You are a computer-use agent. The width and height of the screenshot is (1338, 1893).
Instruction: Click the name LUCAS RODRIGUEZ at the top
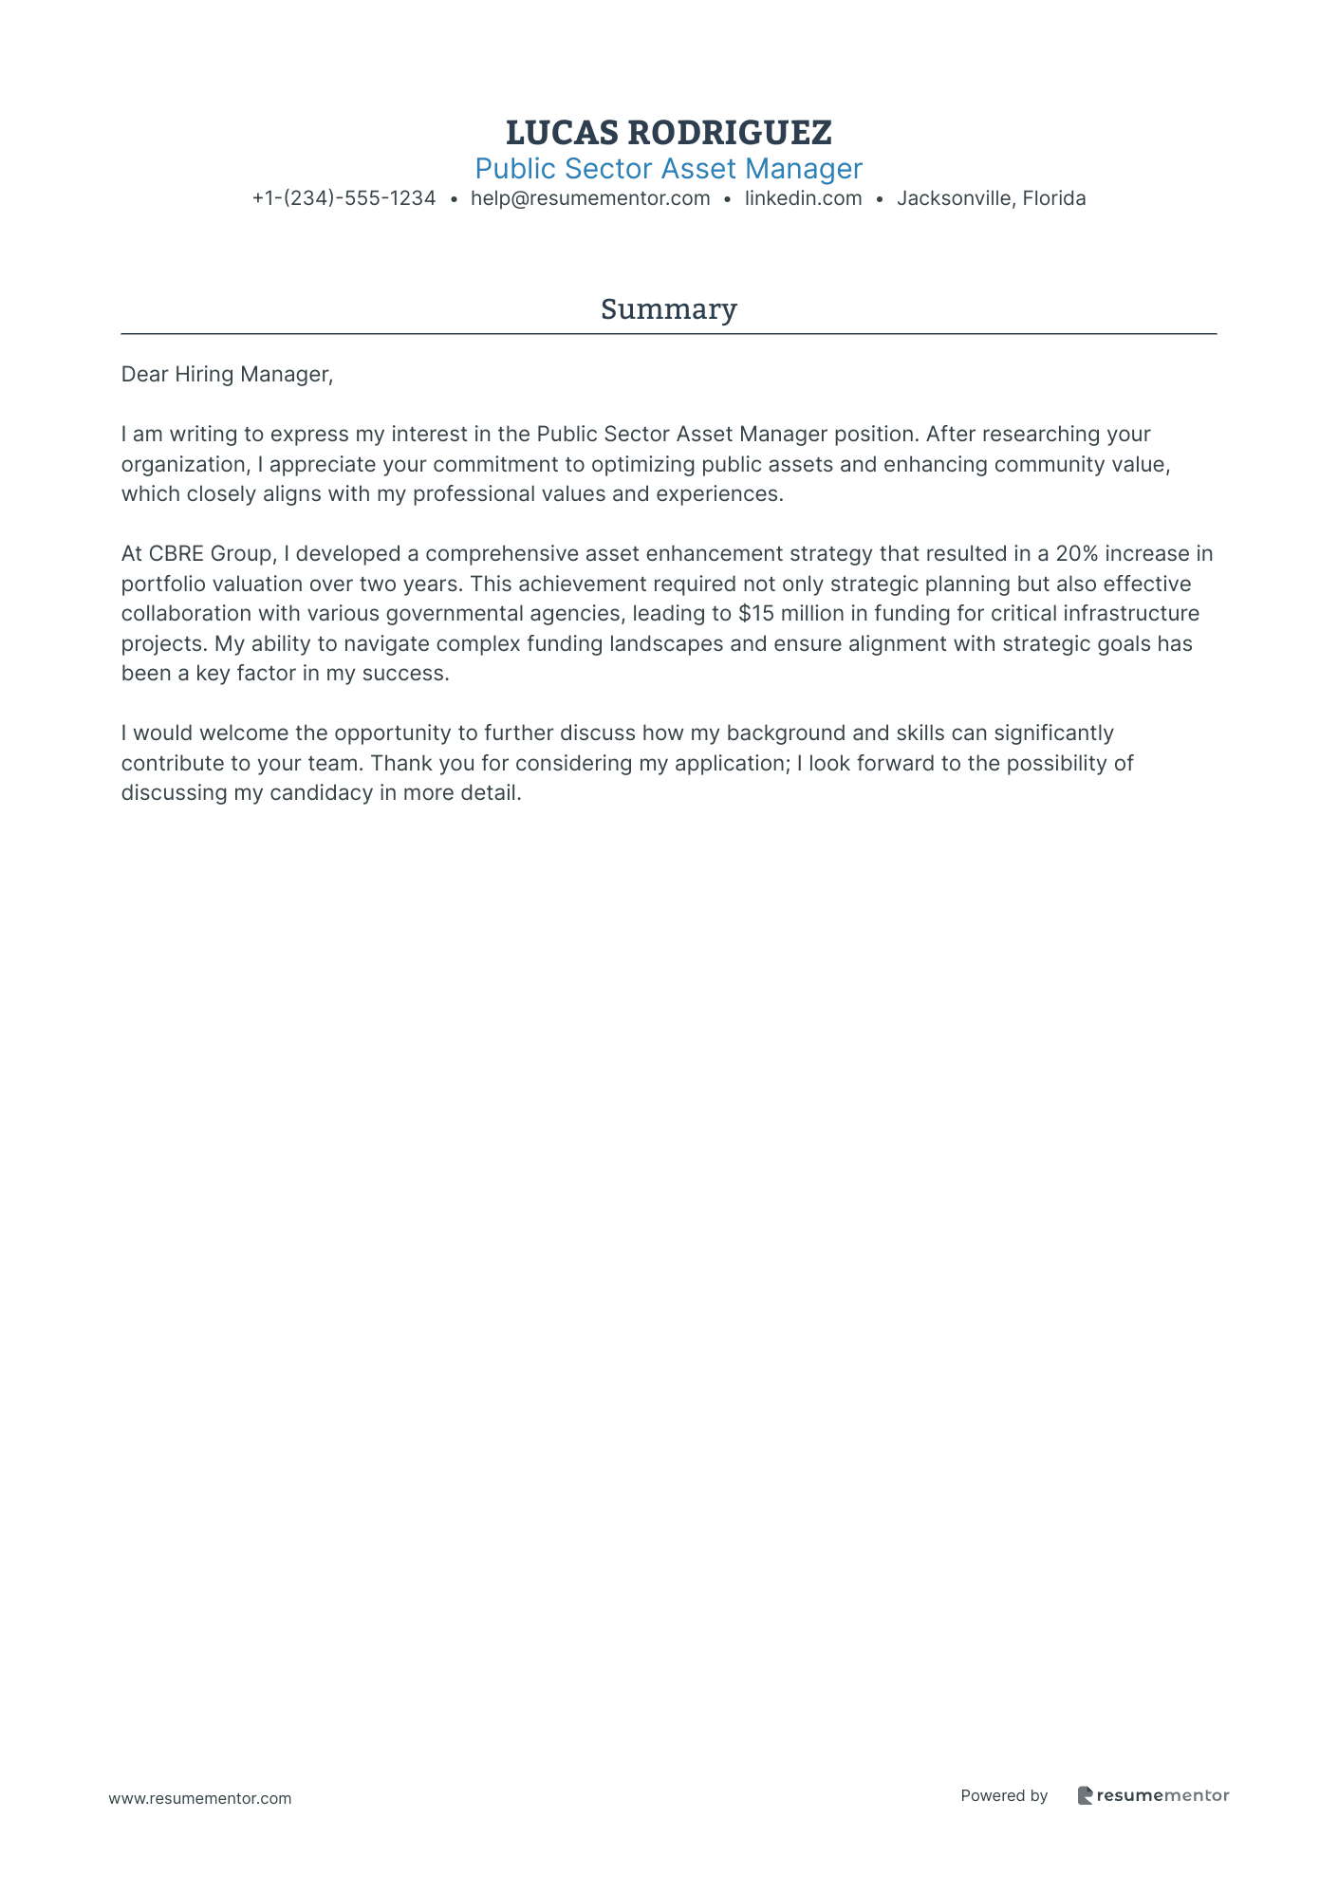pyautogui.click(x=668, y=133)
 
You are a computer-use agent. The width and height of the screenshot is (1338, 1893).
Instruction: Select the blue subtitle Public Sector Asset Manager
pyautogui.click(x=668, y=169)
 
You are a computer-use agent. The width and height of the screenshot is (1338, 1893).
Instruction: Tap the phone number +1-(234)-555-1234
pyautogui.click(x=344, y=198)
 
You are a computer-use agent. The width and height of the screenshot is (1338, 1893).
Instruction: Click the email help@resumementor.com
pyautogui.click(x=590, y=198)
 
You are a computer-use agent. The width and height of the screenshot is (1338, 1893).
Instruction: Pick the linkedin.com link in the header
pyautogui.click(x=803, y=198)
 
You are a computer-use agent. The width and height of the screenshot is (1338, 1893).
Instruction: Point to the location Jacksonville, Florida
pyautogui.click(x=991, y=198)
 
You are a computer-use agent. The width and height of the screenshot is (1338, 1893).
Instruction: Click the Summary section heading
pyautogui.click(x=668, y=309)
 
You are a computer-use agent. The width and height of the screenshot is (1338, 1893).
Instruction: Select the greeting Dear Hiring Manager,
pyautogui.click(x=227, y=375)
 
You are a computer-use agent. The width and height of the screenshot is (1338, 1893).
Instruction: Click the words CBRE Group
pyautogui.click(x=210, y=554)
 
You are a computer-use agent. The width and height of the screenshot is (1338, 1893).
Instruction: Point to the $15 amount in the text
pyautogui.click(x=756, y=614)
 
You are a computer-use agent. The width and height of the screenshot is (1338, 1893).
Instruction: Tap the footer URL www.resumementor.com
pyautogui.click(x=200, y=1798)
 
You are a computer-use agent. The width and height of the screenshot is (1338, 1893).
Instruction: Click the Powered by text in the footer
pyautogui.click(x=1004, y=1795)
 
